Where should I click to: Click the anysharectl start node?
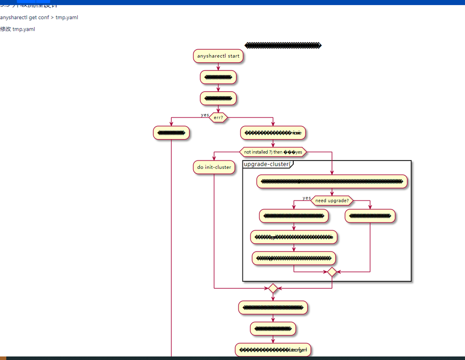218,56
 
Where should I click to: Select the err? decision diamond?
218,118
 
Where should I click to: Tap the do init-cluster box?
214,167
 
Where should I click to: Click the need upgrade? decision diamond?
332,200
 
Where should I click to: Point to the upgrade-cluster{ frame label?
268,164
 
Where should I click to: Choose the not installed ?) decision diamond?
273,152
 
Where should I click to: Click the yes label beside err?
205,115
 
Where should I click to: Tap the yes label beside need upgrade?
307,198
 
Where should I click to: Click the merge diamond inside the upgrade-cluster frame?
332,272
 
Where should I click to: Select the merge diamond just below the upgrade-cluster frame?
273,288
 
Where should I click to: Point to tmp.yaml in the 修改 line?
24,29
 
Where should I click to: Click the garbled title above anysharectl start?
283,46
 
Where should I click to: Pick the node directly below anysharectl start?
218,77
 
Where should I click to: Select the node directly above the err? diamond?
218,98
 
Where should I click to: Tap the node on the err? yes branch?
171,133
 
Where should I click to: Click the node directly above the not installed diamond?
273,133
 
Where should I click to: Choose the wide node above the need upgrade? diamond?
332,181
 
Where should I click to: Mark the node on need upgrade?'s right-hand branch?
370,216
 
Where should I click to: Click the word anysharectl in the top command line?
13,17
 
